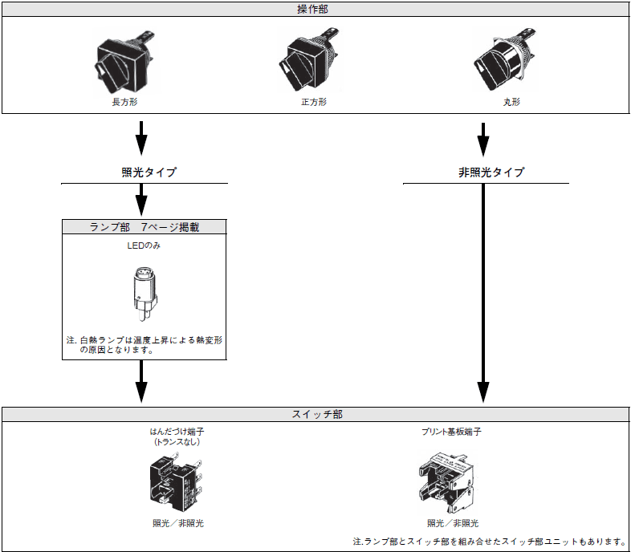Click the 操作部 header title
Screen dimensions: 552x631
point(315,10)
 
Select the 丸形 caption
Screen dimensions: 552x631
point(501,103)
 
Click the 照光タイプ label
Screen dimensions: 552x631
point(145,172)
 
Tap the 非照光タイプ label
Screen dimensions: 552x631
point(486,172)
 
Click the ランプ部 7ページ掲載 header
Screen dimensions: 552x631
point(145,227)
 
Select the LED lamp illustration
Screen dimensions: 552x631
point(143,294)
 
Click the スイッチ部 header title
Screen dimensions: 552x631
point(315,415)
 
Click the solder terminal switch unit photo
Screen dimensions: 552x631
point(175,481)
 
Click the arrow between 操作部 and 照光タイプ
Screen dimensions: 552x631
point(142,138)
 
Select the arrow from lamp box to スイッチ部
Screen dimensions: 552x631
point(142,382)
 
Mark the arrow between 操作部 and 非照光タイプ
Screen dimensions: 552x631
point(484,138)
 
